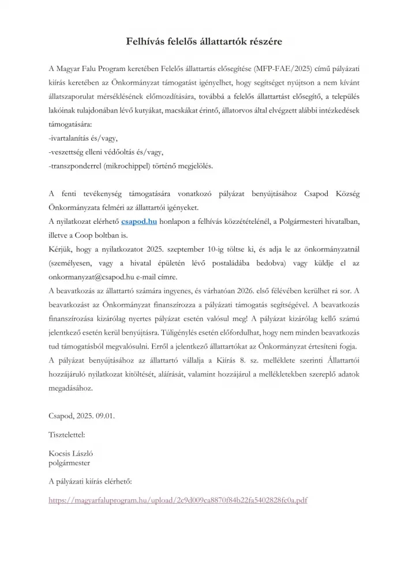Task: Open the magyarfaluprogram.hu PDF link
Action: tap(178, 500)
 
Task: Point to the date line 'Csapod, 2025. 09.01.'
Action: tap(81, 415)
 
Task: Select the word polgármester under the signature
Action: tap(69, 462)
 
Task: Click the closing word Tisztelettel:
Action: tap(68, 434)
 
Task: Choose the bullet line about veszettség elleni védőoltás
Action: tap(106, 152)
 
